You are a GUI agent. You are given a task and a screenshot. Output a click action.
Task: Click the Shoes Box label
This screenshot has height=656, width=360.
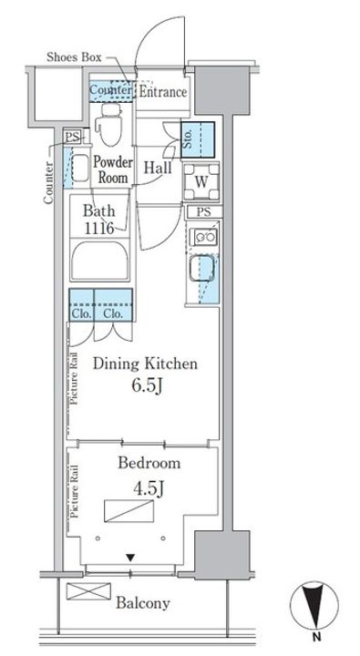coord(74,56)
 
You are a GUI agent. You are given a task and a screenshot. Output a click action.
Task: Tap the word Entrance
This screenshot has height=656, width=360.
coord(162,92)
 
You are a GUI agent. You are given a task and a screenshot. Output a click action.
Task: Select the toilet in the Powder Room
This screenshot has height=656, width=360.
coord(108,124)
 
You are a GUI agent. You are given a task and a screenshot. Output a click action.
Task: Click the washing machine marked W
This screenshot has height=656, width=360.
coord(201,182)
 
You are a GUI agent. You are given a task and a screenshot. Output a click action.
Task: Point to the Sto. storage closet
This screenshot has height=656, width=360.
coord(198,139)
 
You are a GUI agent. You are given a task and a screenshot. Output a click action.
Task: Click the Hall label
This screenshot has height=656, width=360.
coord(158,168)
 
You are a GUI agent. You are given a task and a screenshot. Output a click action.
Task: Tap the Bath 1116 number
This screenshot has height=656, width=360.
coord(99,229)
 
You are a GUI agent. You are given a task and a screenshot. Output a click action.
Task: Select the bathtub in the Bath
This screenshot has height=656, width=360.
coord(99,260)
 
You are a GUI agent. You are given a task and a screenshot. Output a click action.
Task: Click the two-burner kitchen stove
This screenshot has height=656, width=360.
coord(203,237)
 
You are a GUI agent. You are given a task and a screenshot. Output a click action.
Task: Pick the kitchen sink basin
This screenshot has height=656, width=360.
coord(201,268)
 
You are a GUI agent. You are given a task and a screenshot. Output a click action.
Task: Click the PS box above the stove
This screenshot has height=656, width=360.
coord(204,212)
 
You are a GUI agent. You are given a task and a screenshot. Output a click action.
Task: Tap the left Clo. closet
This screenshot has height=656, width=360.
coord(82,305)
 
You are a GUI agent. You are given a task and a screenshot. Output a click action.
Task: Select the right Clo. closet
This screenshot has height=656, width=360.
coord(113,305)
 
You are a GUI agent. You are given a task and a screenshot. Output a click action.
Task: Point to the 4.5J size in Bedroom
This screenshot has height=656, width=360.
coord(148,488)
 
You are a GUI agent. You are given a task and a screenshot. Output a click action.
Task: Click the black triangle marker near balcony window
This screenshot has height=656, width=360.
coord(131,558)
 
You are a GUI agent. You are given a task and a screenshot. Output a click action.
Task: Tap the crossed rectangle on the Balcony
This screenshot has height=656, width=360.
coord(88,591)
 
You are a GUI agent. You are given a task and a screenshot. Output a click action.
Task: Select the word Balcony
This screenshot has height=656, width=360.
coord(143,603)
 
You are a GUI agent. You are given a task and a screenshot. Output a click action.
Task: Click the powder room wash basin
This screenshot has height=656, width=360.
coord(80,168)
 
